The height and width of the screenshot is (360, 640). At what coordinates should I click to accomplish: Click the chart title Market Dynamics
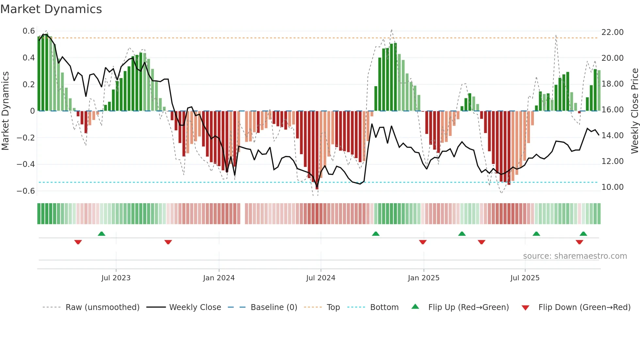51,9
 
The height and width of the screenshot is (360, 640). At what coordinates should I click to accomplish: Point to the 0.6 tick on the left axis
29,31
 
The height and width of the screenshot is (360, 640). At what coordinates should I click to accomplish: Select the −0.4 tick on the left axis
26,164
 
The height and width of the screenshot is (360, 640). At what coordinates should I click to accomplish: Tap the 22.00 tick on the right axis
612,32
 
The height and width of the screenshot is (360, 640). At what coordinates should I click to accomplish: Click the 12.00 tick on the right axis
612,161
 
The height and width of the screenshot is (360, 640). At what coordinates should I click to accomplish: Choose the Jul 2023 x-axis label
116,278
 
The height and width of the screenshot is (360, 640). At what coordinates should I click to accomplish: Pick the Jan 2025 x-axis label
424,278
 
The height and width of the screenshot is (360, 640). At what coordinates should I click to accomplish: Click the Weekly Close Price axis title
634,111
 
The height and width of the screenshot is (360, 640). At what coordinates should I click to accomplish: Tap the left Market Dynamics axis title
5,111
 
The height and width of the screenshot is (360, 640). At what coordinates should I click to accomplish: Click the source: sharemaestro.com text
575,256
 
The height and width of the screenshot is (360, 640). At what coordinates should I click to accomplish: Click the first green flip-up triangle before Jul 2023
102,234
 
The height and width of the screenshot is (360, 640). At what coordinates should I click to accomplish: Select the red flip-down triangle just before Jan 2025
423,242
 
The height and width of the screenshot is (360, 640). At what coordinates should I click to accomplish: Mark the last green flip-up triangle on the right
584,234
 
